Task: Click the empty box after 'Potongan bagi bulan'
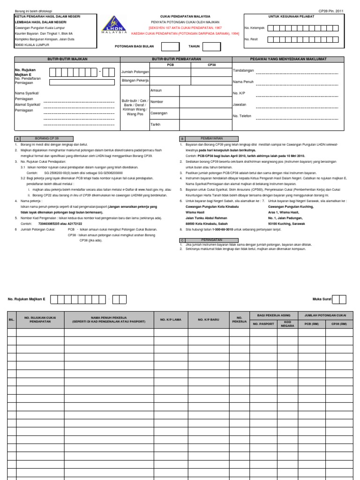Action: pos(170,47)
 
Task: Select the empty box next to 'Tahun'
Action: pos(211,47)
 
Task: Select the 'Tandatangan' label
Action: pos(243,70)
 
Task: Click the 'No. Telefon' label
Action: pos(242,116)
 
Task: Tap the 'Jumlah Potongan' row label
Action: pos(135,72)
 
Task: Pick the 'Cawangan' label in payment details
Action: pos(159,113)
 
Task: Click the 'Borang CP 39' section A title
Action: pos(47,139)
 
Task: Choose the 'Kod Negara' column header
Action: pos(288,323)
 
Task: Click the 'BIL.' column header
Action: pos(12,320)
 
